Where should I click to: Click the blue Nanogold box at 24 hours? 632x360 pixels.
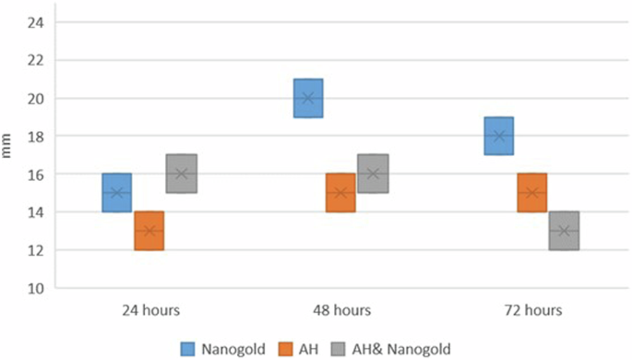click(x=116, y=193)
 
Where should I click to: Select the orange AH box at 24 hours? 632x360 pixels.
click(x=149, y=231)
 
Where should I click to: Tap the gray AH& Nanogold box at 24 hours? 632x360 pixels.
click(x=182, y=174)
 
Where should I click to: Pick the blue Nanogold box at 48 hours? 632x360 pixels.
click(x=307, y=98)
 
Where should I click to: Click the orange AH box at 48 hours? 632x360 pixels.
click(x=340, y=193)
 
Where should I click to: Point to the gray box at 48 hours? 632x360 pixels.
click(x=373, y=174)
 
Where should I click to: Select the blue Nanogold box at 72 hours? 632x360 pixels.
click(x=499, y=136)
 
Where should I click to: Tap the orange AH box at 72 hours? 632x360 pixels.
click(x=531, y=193)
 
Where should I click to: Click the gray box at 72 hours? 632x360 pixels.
click(x=564, y=231)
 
